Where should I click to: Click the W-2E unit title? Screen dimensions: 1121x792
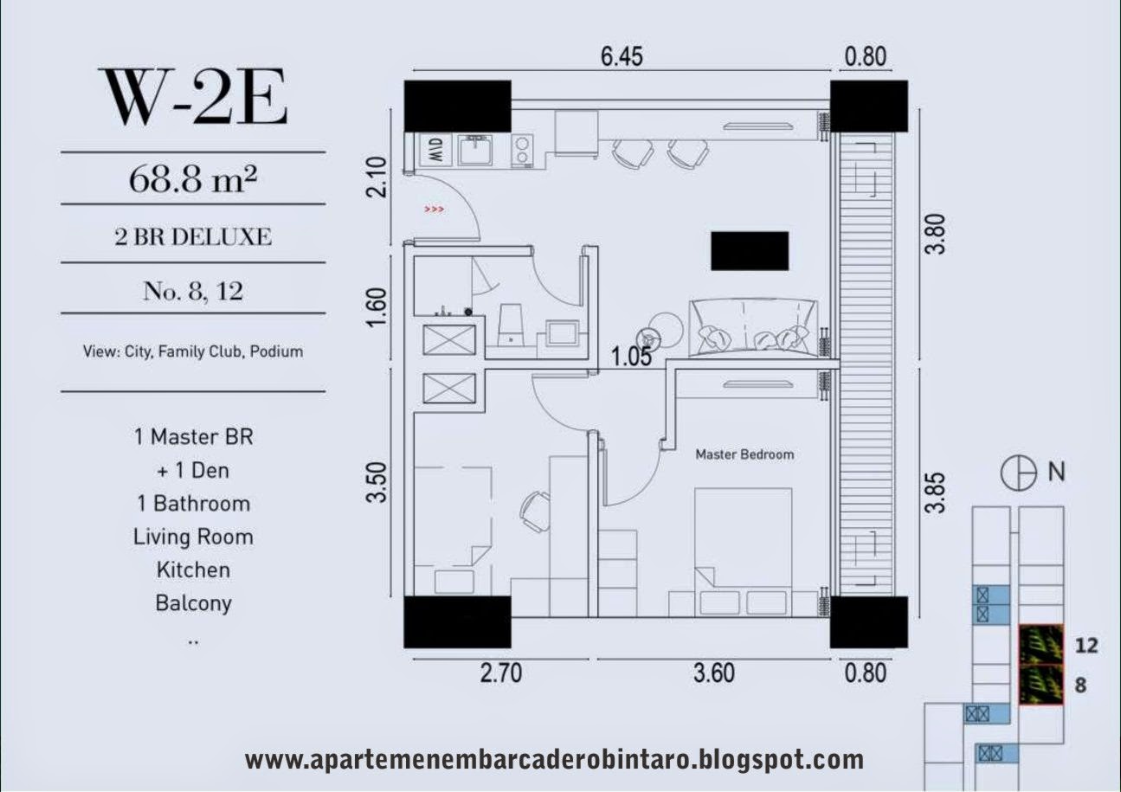point(195,97)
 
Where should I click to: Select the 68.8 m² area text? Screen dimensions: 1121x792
point(193,179)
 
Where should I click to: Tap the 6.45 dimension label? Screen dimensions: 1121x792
point(622,56)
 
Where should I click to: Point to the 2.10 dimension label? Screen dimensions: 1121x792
point(377,177)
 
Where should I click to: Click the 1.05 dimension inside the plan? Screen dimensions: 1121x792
point(632,357)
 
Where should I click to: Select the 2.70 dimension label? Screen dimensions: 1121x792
point(501,673)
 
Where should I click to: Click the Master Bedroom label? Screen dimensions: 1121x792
point(744,454)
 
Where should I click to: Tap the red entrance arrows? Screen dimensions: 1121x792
point(434,209)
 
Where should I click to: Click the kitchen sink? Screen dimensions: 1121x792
point(476,150)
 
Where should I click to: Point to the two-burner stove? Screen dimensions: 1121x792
point(522,150)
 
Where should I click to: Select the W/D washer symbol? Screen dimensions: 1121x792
point(436,150)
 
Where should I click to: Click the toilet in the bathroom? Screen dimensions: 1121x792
point(511,325)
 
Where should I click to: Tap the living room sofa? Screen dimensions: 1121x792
point(753,328)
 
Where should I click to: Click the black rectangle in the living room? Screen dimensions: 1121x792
point(750,251)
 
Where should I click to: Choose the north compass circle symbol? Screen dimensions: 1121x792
point(1018,473)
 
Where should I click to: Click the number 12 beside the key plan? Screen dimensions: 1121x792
point(1086,646)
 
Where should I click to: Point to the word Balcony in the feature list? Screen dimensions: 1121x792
point(193,603)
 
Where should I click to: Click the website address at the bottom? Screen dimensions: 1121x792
point(555,760)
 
